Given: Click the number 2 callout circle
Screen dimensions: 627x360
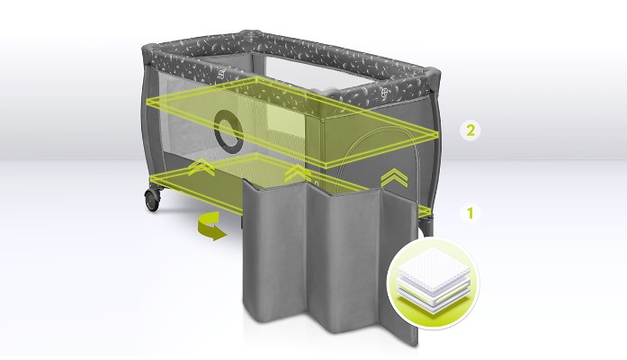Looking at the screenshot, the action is point(470,130).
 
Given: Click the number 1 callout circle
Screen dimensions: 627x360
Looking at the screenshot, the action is point(470,212).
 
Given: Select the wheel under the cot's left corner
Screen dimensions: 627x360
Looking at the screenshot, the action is point(152,199).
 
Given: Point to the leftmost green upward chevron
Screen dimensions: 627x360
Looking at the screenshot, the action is point(202,166).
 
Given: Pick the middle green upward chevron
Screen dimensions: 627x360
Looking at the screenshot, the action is point(297,172).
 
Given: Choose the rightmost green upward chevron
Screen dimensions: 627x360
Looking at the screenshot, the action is point(394,178).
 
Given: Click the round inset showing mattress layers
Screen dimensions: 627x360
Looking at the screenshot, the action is point(433,284).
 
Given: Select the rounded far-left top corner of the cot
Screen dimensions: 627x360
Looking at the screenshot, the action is point(150,53).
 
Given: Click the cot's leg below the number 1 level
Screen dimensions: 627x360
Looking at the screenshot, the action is point(425,225).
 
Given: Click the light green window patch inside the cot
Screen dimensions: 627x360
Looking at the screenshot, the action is point(286,120).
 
